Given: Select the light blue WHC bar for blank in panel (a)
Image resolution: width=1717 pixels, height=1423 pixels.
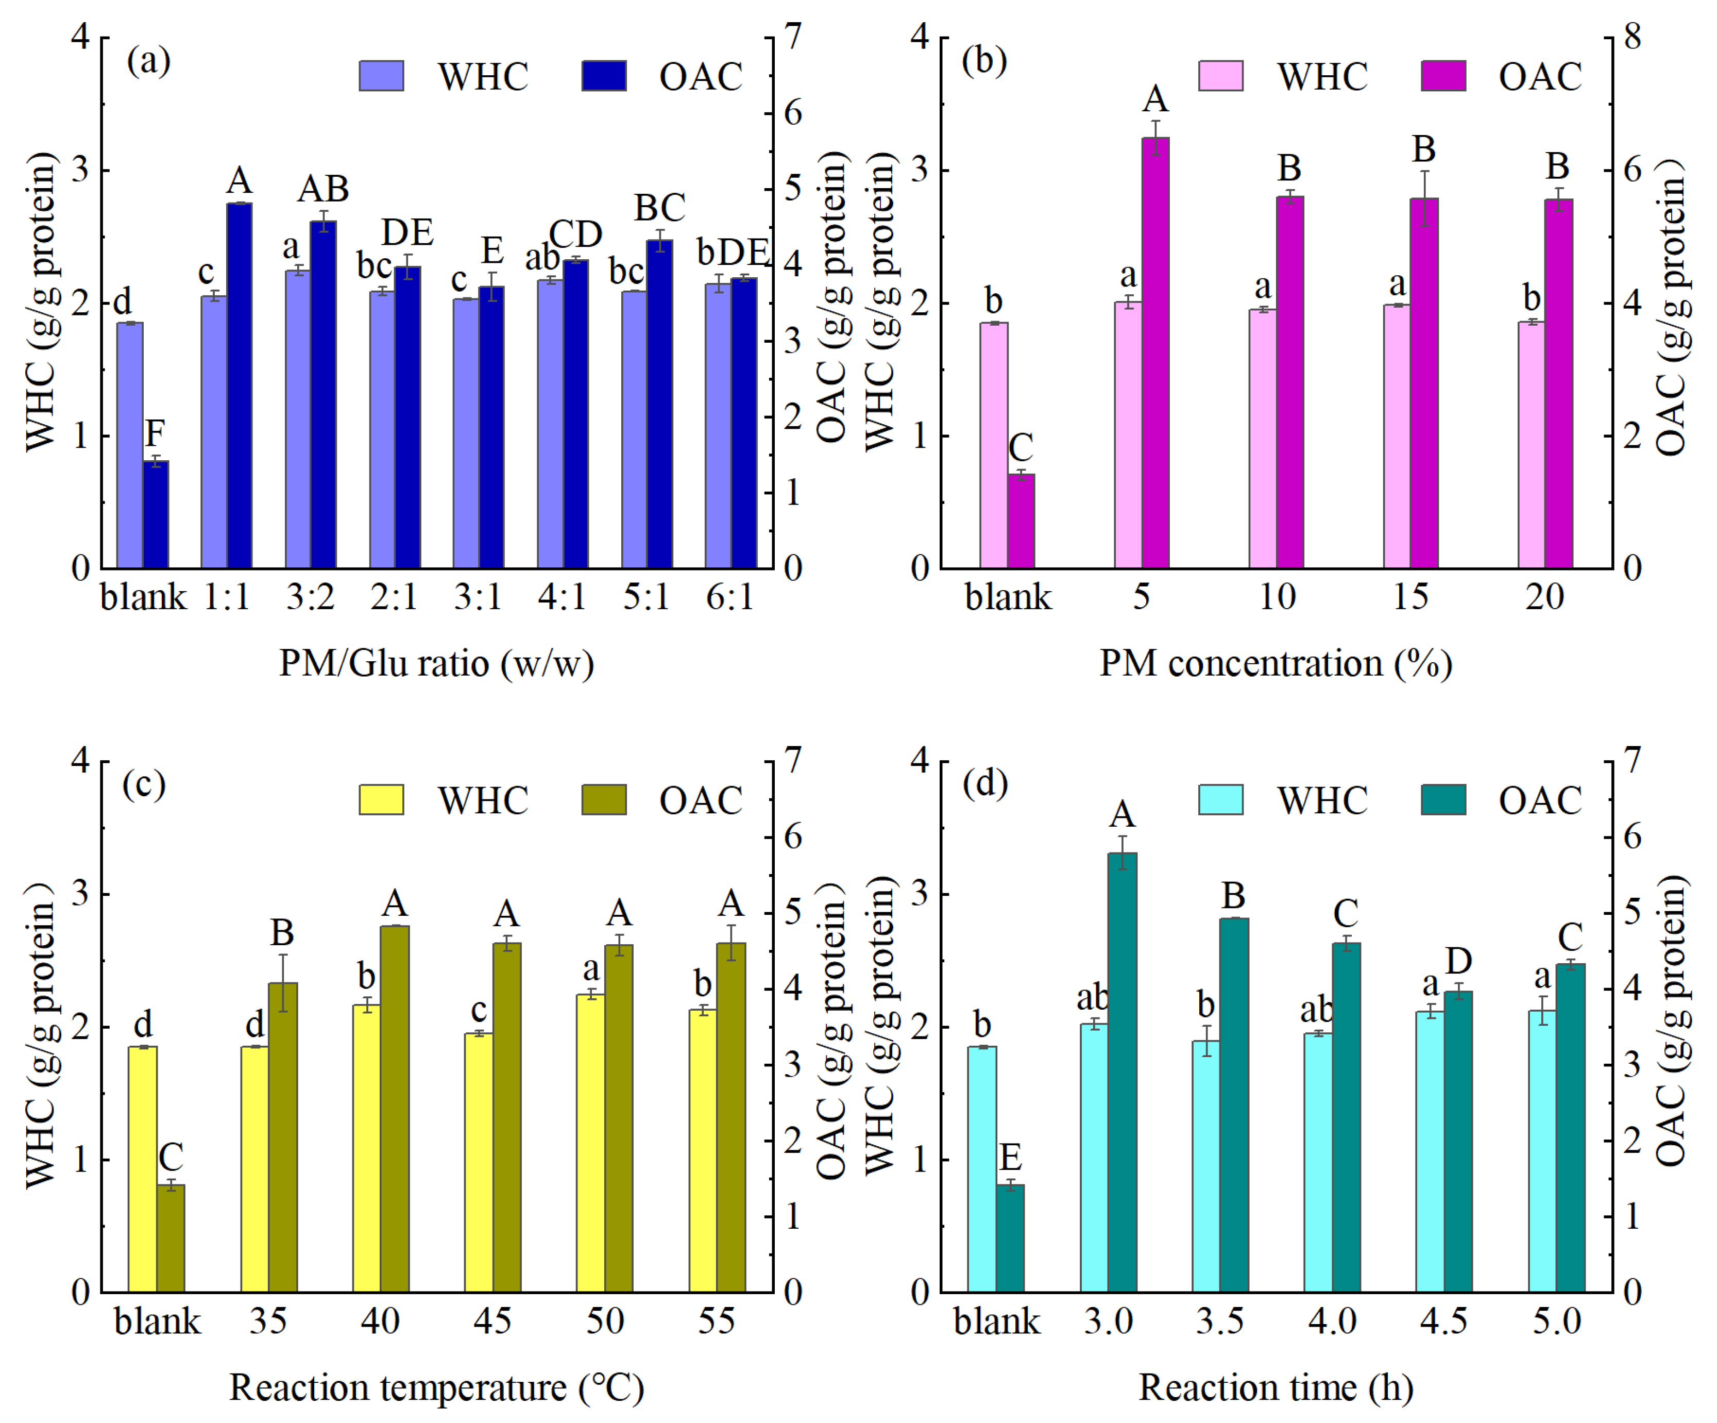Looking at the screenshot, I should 130,446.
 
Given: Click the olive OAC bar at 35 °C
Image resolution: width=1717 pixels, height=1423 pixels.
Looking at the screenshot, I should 283,1137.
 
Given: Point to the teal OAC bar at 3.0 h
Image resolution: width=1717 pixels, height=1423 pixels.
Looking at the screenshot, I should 1122,1072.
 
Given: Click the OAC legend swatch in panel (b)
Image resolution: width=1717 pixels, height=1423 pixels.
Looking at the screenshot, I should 1443,76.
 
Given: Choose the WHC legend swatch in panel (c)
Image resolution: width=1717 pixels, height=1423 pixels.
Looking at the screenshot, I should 381,800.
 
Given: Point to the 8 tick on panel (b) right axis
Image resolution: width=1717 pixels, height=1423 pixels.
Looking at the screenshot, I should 1632,37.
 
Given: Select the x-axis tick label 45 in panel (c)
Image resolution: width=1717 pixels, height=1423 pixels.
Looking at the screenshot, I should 492,1321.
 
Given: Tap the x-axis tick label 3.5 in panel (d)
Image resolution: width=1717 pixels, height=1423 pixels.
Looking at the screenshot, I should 1220,1321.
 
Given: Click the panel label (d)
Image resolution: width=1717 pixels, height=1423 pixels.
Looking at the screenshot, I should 984,783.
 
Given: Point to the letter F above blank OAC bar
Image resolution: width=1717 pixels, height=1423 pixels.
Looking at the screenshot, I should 156,432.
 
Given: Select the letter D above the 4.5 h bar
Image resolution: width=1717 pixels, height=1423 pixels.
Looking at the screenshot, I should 1458,961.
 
